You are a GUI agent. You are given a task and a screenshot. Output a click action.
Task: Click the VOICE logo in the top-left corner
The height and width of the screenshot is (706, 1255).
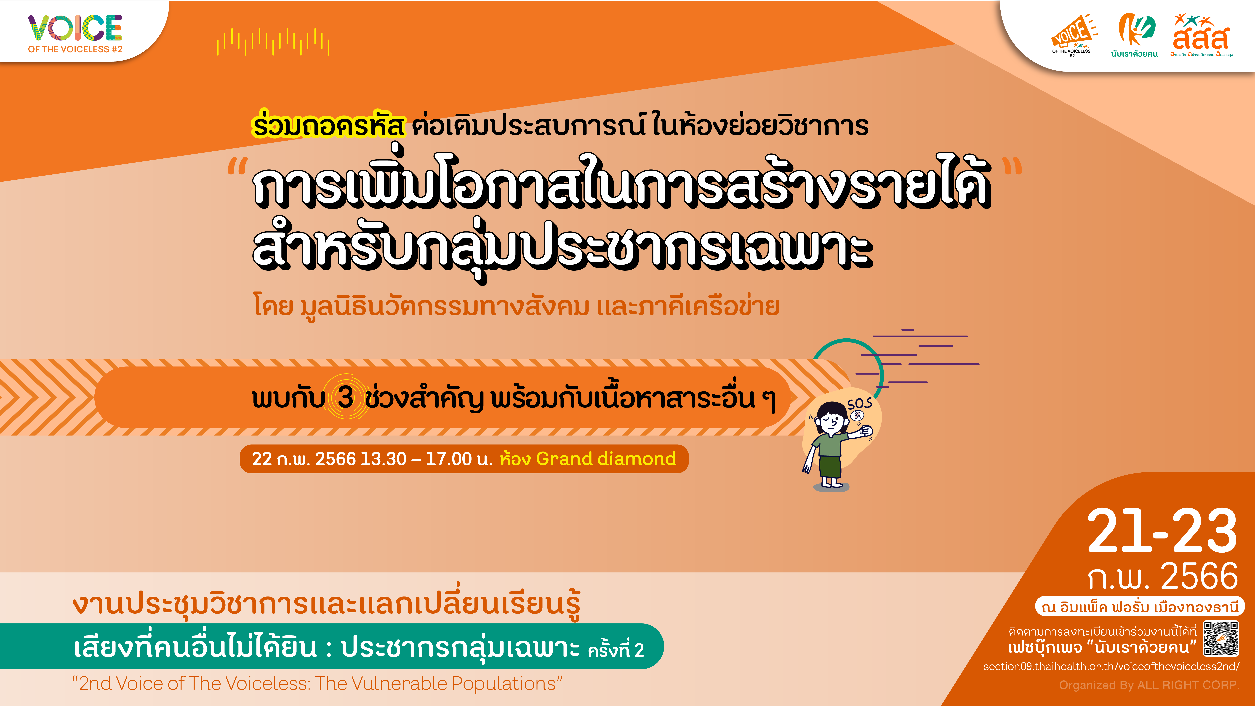tap(75, 33)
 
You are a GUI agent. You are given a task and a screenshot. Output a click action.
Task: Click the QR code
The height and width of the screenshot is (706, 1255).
tap(1221, 638)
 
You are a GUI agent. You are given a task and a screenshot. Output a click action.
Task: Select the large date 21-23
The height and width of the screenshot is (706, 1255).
tap(1162, 531)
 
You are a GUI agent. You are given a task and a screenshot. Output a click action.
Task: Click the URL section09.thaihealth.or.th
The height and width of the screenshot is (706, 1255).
tap(1111, 666)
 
